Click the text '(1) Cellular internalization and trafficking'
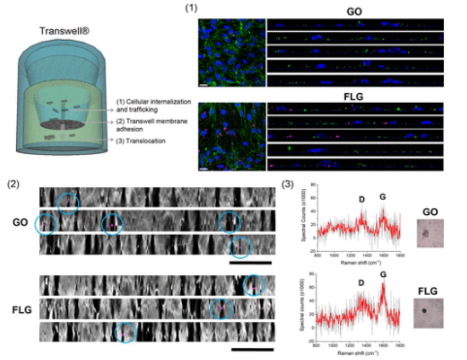(147, 105)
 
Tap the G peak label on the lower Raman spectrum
(383, 274)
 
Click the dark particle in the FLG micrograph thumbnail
(425, 311)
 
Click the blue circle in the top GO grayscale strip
(68, 203)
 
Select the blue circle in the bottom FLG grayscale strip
(126, 333)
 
